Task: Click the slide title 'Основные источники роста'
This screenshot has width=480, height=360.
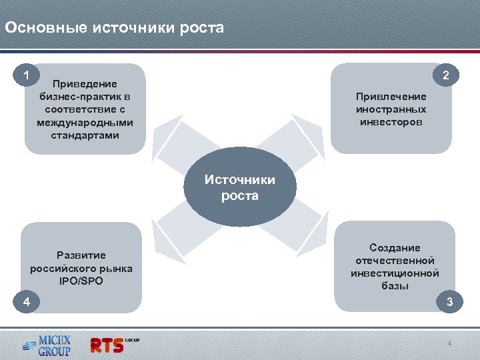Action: (114, 28)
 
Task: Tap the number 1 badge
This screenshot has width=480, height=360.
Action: (26, 75)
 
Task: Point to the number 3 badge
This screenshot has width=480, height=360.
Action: (450, 302)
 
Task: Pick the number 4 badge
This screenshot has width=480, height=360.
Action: (26, 302)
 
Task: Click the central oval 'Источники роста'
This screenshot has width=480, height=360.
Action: (239, 188)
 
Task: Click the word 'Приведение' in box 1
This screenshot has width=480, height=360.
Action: (85, 84)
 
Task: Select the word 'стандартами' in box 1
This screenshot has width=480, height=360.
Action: (85, 135)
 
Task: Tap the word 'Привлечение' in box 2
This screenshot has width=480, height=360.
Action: (391, 97)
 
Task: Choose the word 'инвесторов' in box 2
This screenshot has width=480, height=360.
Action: (391, 122)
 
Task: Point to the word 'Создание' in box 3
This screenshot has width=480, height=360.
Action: (395, 248)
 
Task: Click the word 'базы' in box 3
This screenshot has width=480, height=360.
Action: (395, 286)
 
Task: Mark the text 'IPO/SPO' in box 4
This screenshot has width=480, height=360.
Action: (81, 281)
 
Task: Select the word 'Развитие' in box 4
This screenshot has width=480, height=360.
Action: (81, 255)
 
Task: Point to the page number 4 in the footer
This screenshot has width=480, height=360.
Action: (449, 343)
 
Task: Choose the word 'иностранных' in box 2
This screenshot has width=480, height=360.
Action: (391, 109)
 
